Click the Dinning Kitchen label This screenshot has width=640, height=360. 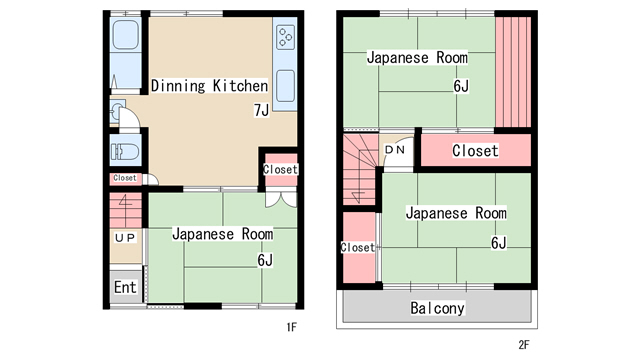click(x=209, y=86)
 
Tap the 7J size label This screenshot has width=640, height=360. click(x=261, y=110)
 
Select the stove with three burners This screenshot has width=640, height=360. click(x=285, y=38)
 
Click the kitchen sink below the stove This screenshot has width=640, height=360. click(x=285, y=86)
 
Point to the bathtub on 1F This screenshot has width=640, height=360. click(x=126, y=35)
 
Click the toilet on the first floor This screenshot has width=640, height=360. click(x=124, y=151)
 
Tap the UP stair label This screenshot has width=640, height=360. click(x=125, y=238)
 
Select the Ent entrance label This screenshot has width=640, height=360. click(x=125, y=287)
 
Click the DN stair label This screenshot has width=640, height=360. click(x=395, y=150)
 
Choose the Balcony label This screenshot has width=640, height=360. click(x=437, y=308)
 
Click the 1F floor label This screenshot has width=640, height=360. click(x=291, y=327)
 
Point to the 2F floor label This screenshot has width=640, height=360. click(x=524, y=345)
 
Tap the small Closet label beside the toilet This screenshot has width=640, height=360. click(x=125, y=178)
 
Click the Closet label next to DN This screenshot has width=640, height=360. click(x=475, y=151)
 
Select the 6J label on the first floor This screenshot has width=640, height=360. click(x=265, y=260)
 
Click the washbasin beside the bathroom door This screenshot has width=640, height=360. click(x=116, y=111)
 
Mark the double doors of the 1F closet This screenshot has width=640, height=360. click(x=281, y=199)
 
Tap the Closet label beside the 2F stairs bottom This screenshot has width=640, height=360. click(x=358, y=247)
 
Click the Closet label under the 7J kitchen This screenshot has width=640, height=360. click(x=280, y=169)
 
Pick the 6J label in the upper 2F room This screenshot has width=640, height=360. click(x=461, y=86)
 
